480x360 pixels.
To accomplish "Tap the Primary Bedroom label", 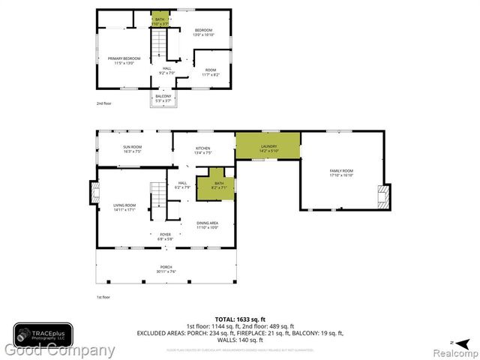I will (x=124, y=60).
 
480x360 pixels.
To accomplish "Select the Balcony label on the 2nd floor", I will (x=163, y=97).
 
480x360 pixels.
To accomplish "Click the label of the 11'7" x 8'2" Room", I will (x=210, y=72).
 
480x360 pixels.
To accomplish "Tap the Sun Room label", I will (x=133, y=149).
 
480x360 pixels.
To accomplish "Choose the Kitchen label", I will (x=203, y=149).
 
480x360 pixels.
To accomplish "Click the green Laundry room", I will (x=268, y=146).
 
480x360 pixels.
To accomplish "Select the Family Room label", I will (x=341, y=173).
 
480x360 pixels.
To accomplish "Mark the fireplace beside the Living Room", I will (x=94, y=193).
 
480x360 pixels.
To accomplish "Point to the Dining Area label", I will (x=207, y=225).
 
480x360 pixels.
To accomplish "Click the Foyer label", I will (x=165, y=236).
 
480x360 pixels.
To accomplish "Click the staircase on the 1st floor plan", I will (x=159, y=196).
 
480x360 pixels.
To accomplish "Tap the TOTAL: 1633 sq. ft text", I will (x=240, y=319).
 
